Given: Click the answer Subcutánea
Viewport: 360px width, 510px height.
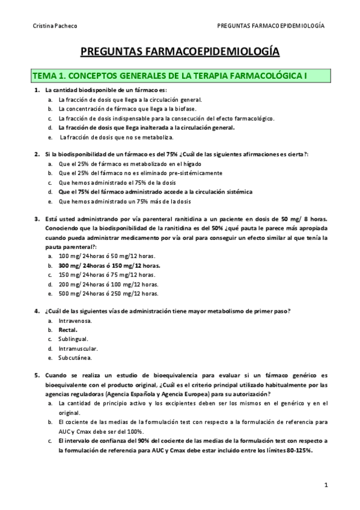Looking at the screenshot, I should [75, 357].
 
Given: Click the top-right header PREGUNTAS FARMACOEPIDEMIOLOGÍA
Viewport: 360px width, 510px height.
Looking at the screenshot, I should [271, 26].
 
